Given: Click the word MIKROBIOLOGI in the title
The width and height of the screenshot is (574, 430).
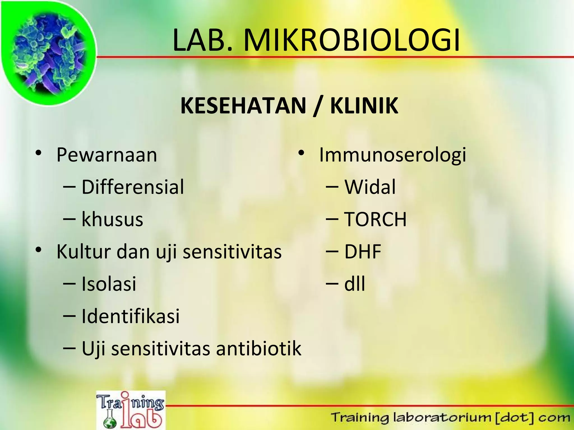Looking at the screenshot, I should tap(351, 41).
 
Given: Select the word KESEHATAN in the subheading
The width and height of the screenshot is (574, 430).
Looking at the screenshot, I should tap(243, 106).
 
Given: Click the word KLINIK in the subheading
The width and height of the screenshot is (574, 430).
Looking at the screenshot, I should tap(364, 106).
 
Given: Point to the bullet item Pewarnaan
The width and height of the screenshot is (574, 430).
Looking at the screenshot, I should tap(107, 155).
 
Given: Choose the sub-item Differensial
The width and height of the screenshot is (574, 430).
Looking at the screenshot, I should tap(133, 187).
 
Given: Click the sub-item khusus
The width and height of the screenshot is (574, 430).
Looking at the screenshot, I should tap(112, 219).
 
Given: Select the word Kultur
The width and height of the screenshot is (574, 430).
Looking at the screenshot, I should tap(84, 252).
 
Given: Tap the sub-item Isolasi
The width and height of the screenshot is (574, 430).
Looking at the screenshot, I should tap(109, 284).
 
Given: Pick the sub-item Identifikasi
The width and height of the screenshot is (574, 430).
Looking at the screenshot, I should tap(130, 316).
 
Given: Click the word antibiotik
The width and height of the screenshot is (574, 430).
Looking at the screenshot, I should tap(258, 349).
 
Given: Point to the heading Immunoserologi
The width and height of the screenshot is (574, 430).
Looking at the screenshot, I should tap(392, 155).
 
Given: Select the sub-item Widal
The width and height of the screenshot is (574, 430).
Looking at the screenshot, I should tap(370, 187).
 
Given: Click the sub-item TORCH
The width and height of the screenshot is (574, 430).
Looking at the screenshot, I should tap(375, 219).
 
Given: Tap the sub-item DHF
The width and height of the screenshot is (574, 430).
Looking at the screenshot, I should tap(363, 252).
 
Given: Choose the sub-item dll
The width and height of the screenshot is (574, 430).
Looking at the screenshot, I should tap(355, 284).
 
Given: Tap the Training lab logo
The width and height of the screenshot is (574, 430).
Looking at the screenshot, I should tap(131, 410).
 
